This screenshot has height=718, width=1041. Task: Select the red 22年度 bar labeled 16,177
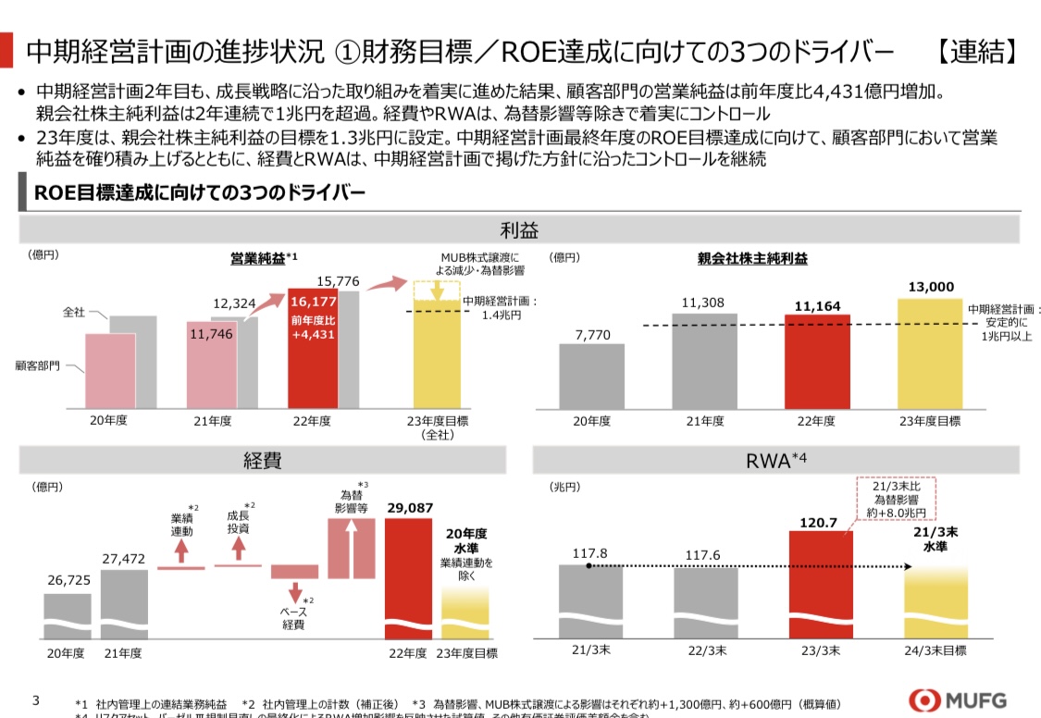click(312, 348)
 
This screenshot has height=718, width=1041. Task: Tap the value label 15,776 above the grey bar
click(340, 281)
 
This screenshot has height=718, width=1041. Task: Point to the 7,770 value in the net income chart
click(592, 335)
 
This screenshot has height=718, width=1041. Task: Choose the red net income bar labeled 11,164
click(816, 361)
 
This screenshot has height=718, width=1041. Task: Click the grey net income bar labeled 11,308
click(704, 361)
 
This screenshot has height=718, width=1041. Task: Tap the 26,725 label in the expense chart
click(68, 580)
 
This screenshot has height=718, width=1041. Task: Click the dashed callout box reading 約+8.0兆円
click(897, 500)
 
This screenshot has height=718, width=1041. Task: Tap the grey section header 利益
click(518, 229)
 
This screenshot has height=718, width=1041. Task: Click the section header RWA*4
click(777, 460)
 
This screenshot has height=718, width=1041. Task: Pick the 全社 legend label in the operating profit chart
click(74, 313)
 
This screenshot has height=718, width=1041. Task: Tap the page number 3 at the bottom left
click(36, 699)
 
